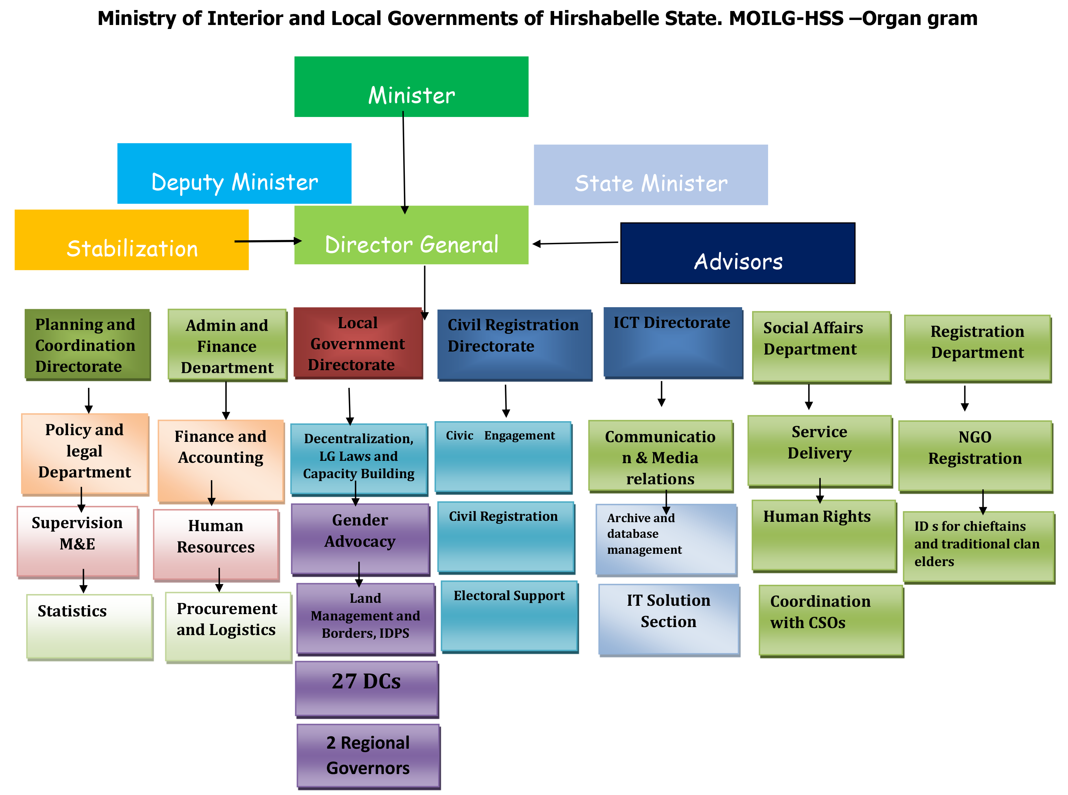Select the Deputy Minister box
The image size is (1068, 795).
pyautogui.click(x=234, y=173)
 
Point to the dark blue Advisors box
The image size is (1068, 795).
pyautogui.click(x=737, y=253)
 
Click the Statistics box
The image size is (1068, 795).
pyautogui.click(x=90, y=626)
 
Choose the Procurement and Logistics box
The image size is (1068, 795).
pyautogui.click(x=228, y=626)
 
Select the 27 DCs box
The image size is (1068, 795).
pyautogui.click(x=366, y=688)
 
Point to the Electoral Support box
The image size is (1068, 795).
pyautogui.click(x=509, y=616)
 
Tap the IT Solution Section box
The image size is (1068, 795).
pyautogui.click(x=668, y=618)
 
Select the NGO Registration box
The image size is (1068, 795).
pyautogui.click(x=975, y=455)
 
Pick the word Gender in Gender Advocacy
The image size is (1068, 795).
pyautogui.click(x=360, y=520)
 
